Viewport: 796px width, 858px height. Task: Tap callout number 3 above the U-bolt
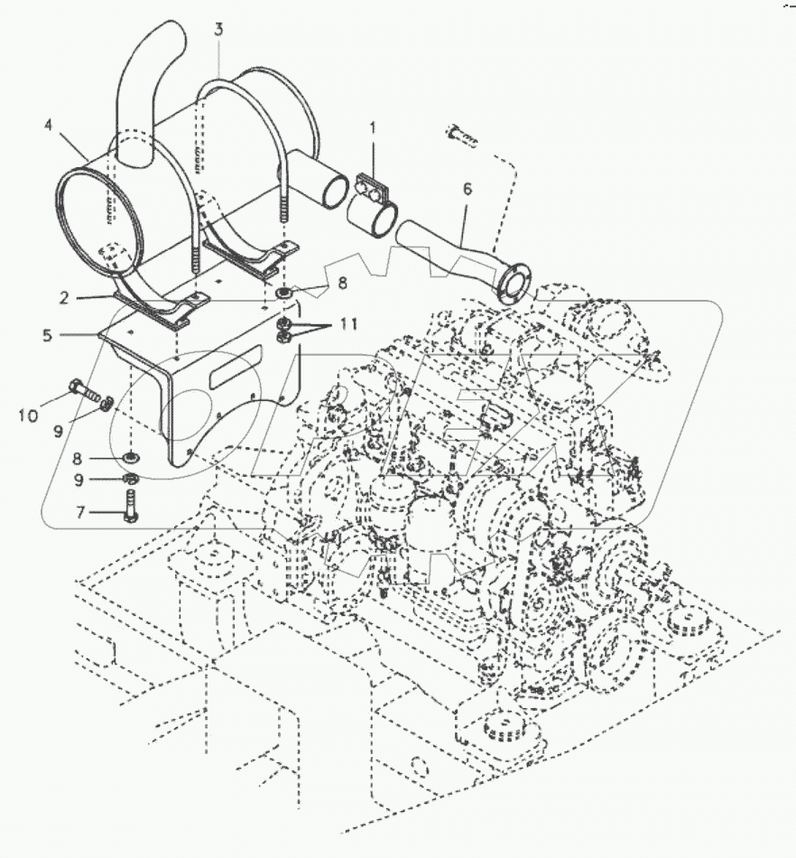pos(218,30)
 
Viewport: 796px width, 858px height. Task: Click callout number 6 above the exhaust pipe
pos(467,190)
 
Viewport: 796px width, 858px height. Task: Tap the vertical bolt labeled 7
pos(133,506)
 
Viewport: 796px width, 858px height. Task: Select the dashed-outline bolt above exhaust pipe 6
pos(460,136)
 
